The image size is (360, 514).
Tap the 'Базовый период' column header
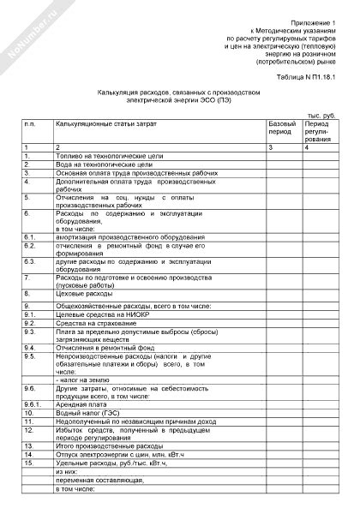coord(282,129)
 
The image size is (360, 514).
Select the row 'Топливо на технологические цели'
coord(102,156)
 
